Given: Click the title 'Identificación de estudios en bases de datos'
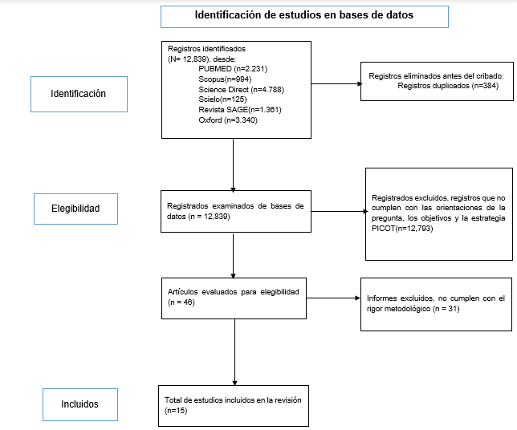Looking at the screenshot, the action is coord(304,15).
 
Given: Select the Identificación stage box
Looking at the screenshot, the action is coord(79,94).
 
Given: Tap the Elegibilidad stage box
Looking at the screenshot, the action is coord(75,209).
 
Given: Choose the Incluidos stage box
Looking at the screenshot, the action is coord(80,404).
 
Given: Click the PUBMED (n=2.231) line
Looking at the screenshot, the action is coord(233,69).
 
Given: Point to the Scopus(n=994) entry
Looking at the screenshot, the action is coord(225,79).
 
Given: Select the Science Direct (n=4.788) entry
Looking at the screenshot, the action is coord(241,90).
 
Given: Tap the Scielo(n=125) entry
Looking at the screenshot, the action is coord(222,99).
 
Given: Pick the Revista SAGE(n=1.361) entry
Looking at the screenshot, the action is coord(240,110).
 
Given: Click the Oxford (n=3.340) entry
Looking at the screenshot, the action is coord(228,120).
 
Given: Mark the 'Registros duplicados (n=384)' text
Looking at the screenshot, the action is coord(448,86).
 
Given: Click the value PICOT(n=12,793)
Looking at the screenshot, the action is coord(402,229).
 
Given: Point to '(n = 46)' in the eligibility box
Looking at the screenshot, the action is coord(181,302).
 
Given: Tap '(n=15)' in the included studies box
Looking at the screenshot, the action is coord(176,411).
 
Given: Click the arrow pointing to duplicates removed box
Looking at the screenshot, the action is coord(336,83).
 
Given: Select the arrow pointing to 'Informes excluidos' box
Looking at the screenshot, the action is coord(333,298).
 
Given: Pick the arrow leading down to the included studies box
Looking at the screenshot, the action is coord(234,352).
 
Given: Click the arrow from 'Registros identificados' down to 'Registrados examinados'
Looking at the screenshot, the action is coord(233,164).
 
